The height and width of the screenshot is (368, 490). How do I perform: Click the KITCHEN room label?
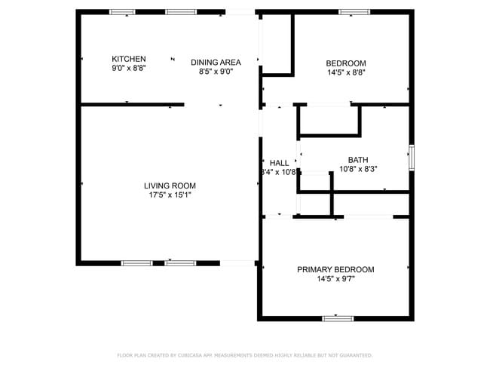128,59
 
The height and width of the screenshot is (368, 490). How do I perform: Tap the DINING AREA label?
216,63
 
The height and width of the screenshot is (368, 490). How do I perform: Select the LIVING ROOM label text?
170,186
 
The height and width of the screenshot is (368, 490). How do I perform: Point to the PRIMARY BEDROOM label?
335,269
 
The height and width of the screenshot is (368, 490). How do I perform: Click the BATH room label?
358,160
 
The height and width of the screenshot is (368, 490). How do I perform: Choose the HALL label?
279,163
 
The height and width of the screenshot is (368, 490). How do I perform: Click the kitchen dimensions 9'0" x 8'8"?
128,68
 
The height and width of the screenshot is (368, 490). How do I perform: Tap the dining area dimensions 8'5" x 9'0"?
216,72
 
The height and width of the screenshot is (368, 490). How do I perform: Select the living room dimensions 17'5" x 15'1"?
170,195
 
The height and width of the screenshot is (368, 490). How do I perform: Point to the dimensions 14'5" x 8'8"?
346,72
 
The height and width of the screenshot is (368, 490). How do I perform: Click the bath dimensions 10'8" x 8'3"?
358,169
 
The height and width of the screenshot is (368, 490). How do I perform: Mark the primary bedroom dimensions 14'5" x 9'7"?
335,279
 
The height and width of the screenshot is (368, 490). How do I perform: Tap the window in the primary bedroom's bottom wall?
338,318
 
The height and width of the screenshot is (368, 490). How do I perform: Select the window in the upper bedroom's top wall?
354,12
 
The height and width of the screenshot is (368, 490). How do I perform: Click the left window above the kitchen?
122,12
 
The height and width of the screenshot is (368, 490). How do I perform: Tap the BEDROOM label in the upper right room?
346,63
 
